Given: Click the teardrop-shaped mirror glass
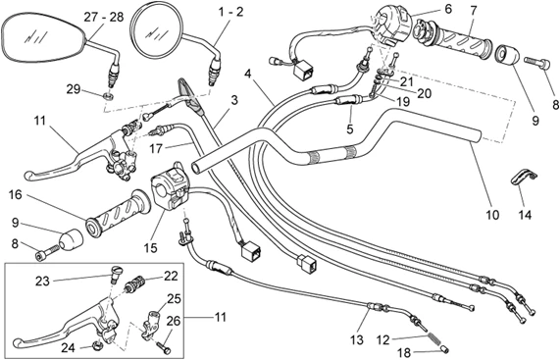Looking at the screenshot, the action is (x=43, y=38).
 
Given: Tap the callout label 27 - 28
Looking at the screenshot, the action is (x=104, y=17).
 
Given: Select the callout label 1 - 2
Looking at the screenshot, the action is (x=230, y=12).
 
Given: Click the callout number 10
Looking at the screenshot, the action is (x=491, y=215).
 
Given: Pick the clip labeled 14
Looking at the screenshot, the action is (x=524, y=177).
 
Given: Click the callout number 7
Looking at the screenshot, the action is (x=474, y=11).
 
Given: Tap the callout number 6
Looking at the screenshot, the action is (x=448, y=9).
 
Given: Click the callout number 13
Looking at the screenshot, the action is (x=357, y=339).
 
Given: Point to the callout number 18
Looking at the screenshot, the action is (x=404, y=353).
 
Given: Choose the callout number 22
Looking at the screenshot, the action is (x=171, y=276).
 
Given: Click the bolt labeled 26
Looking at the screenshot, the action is (x=163, y=345).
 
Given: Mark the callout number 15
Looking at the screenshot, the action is (x=150, y=247).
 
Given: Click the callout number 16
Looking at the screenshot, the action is (x=16, y=194).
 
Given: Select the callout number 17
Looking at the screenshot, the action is (x=156, y=148).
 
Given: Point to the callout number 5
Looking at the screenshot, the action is (x=350, y=129).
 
